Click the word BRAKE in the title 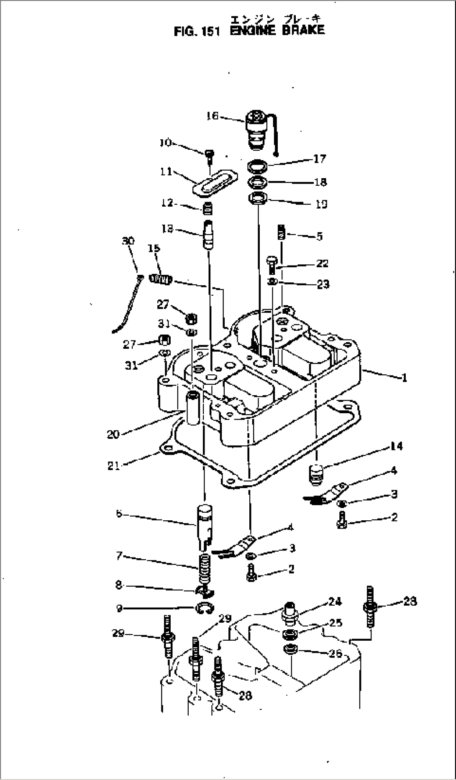coord(303,30)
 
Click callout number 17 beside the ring coord(319,159)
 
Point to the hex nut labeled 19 coord(256,198)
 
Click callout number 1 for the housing coord(404,378)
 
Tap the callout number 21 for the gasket coord(114,465)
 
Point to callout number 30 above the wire coord(128,241)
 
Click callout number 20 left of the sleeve coord(113,435)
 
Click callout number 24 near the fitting coord(335,602)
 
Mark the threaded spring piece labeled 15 coord(161,278)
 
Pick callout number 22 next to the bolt coord(322,263)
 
